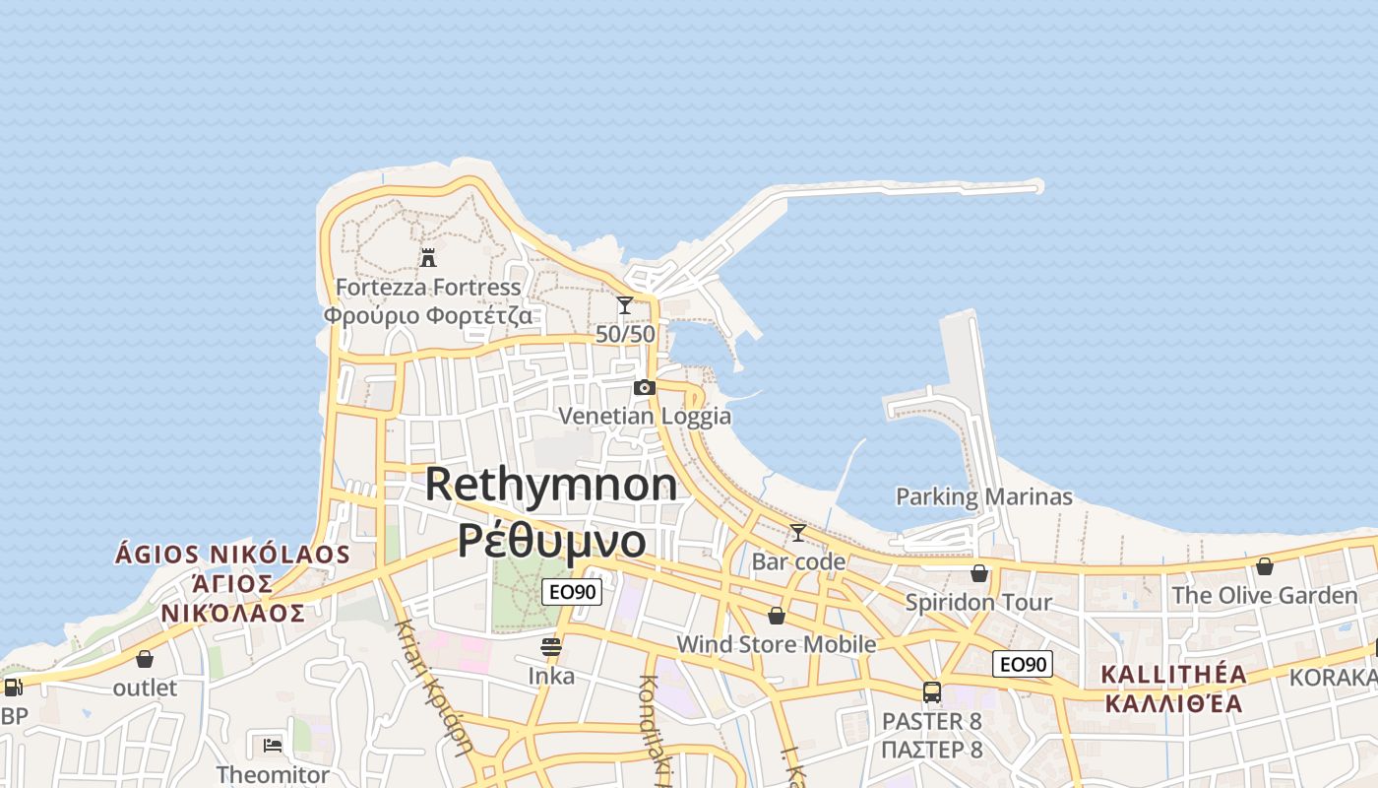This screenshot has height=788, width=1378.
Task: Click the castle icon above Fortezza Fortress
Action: (428, 258)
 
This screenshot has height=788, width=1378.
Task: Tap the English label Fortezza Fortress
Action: (428, 288)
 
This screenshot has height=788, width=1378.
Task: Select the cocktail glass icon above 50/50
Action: (625, 305)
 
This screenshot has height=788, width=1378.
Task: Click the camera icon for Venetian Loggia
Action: (645, 387)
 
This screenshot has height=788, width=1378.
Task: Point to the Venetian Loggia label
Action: (645, 416)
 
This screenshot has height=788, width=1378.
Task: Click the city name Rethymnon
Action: (551, 485)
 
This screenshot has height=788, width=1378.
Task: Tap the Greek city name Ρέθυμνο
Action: (551, 540)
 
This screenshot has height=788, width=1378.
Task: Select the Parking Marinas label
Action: (983, 496)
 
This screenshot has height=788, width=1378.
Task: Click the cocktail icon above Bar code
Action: (798, 533)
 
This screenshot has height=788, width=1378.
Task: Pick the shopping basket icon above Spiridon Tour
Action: (979, 573)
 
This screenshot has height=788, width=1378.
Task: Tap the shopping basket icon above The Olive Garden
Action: (1265, 566)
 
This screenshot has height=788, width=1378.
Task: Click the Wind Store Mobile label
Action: (776, 644)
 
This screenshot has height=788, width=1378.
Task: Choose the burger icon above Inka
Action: (551, 647)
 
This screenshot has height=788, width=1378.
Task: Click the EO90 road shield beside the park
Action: (572, 592)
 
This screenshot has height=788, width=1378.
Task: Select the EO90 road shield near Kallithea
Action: (1023, 664)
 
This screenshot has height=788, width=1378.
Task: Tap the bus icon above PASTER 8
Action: (932, 692)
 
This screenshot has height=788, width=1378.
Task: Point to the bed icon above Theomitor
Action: (273, 745)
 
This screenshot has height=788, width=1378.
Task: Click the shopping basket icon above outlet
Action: (145, 659)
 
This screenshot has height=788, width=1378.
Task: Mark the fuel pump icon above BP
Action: (13, 688)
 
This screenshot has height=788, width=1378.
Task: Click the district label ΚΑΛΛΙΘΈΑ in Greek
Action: (1172, 703)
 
